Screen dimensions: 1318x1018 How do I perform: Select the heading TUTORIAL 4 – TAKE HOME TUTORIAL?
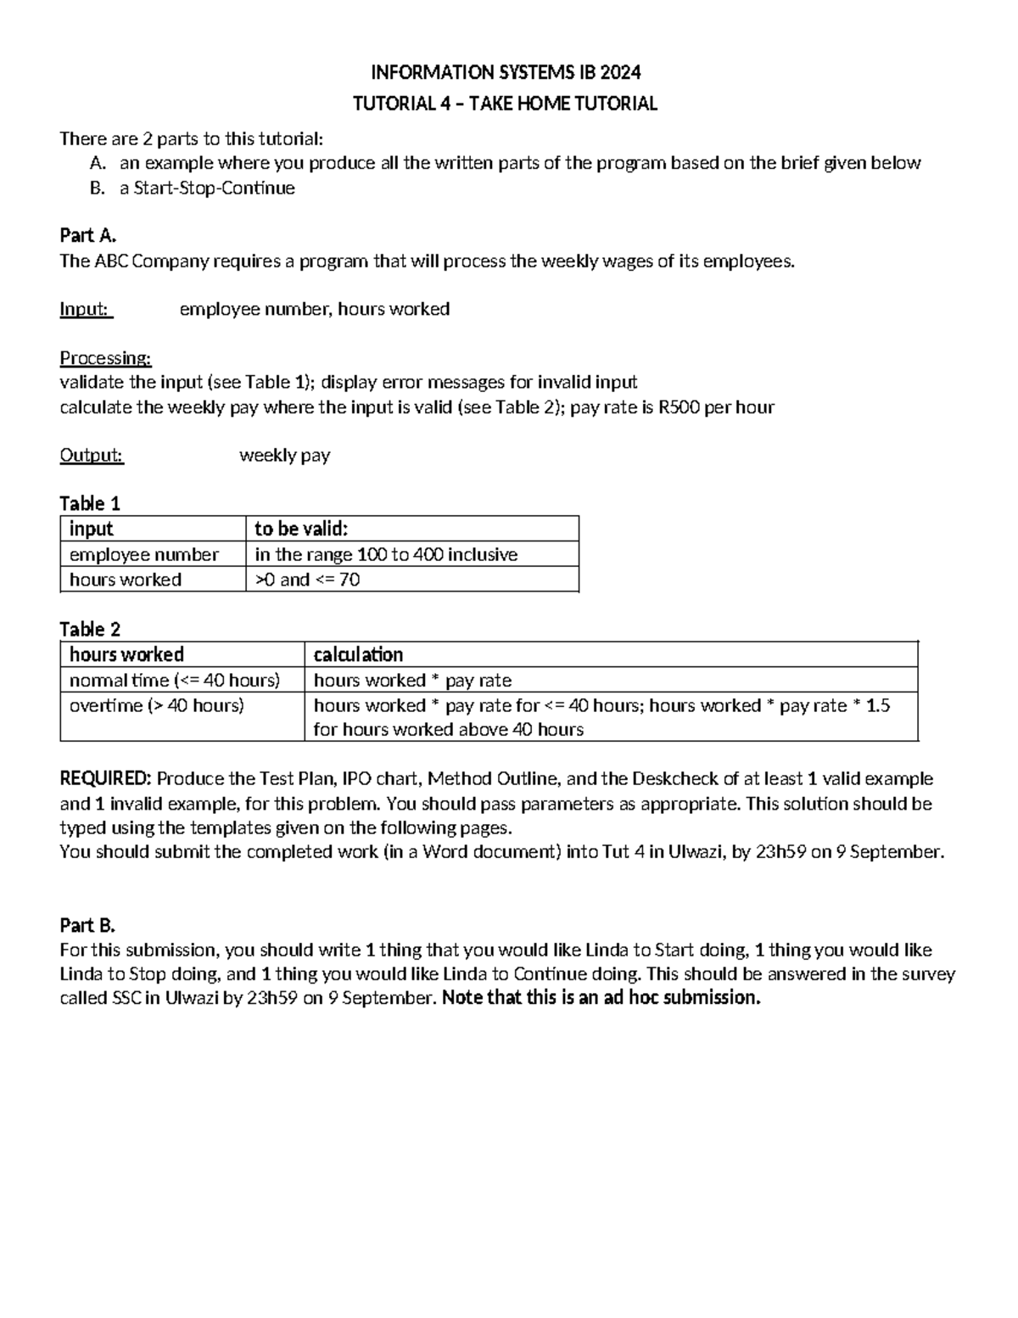[505, 104]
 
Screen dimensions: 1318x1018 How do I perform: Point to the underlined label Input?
[86, 309]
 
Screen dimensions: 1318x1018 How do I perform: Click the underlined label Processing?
[105, 358]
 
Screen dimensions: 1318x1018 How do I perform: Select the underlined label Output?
[92, 456]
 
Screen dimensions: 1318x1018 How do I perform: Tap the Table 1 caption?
[90, 503]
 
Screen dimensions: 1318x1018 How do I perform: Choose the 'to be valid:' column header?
[301, 529]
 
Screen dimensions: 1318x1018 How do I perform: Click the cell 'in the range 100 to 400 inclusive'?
[386, 554]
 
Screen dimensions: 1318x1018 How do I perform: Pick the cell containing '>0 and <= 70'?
[307, 580]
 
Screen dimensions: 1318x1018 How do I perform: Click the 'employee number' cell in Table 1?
[143, 554]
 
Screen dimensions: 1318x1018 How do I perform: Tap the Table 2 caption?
[90, 629]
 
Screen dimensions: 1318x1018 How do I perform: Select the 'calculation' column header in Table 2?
[358, 654]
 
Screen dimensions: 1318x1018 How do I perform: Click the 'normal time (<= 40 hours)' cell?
[175, 680]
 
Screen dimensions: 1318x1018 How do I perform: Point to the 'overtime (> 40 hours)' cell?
[157, 705]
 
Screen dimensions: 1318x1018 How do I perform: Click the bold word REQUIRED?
[105, 779]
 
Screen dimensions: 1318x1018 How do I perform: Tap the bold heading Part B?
[87, 925]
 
